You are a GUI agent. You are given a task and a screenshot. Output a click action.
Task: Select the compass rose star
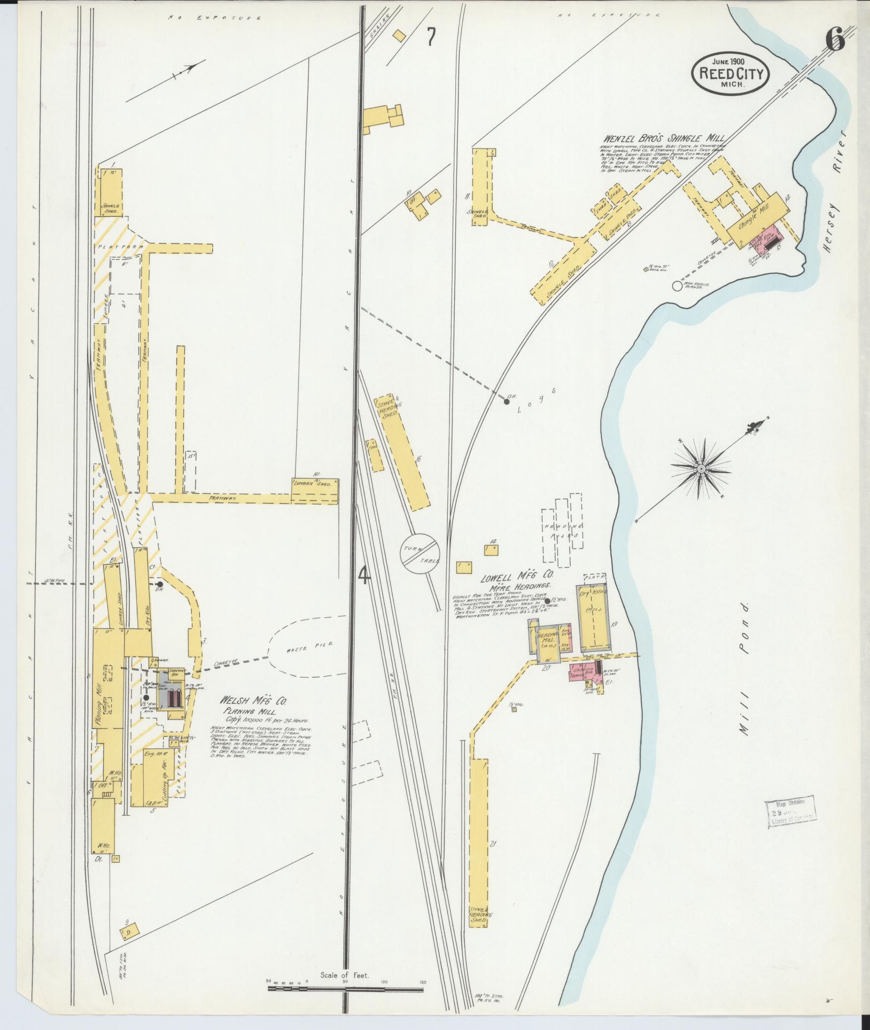(x=700, y=469)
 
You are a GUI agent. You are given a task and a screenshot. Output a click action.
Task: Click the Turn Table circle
(x=420, y=553)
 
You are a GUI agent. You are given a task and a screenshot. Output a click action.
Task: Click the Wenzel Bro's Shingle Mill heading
(x=664, y=137)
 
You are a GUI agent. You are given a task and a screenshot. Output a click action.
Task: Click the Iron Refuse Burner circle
(x=677, y=286)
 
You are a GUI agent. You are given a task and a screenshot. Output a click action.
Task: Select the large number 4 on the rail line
(x=363, y=576)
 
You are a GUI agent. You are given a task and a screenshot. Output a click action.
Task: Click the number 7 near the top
(x=431, y=37)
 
